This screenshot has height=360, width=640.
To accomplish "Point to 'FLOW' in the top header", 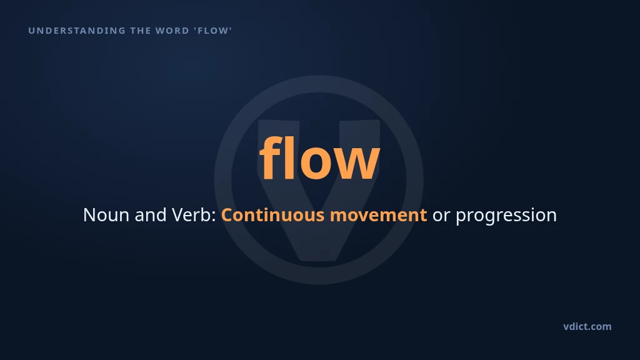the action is (213, 31).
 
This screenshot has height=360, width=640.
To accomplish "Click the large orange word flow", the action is (319, 157).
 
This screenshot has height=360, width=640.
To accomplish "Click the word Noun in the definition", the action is (106, 215).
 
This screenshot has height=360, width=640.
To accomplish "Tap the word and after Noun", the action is (151, 215).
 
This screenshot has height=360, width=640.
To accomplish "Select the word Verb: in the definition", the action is (194, 215).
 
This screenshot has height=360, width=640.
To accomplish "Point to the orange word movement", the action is (378, 215).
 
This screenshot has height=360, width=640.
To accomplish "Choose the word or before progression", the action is (441, 217).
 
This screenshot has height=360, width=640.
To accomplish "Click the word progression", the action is (506, 216).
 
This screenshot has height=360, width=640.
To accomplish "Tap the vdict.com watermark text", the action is (587, 326).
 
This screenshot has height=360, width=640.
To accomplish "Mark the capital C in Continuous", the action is (227, 215).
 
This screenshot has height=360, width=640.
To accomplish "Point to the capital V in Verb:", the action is (179, 215).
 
